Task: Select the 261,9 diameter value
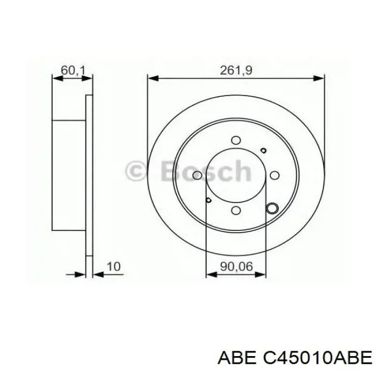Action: (236, 69)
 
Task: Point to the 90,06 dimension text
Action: (236, 266)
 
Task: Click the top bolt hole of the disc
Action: (236, 140)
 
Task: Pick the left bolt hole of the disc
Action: (197, 176)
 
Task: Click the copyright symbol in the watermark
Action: (134, 171)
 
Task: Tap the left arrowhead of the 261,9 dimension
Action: (152, 78)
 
